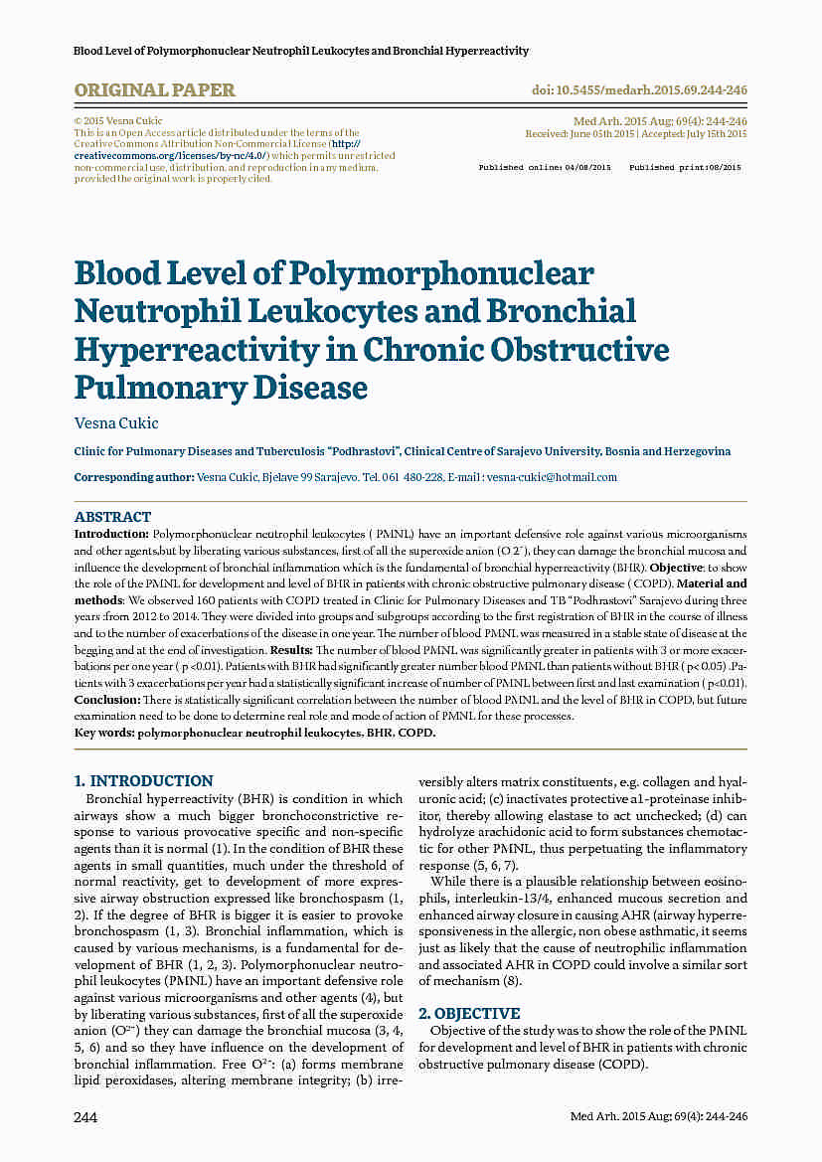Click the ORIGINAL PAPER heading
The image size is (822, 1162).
pyautogui.click(x=154, y=90)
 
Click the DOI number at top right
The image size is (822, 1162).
pyautogui.click(x=640, y=90)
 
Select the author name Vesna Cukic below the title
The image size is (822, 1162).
pyautogui.click(x=116, y=422)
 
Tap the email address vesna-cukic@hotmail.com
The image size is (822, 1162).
pyautogui.click(x=552, y=477)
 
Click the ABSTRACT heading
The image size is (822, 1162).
pyautogui.click(x=112, y=517)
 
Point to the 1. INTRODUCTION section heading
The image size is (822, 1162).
pyautogui.click(x=144, y=781)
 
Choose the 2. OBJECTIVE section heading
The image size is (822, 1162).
pyautogui.click(x=469, y=1014)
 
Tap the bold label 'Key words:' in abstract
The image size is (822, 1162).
pyautogui.click(x=104, y=733)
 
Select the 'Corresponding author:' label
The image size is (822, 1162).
pyautogui.click(x=134, y=477)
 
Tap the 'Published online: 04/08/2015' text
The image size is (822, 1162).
pyautogui.click(x=545, y=168)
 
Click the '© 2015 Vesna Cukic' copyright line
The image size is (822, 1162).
pyautogui.click(x=118, y=121)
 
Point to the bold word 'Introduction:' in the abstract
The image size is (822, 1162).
pyautogui.click(x=111, y=534)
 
